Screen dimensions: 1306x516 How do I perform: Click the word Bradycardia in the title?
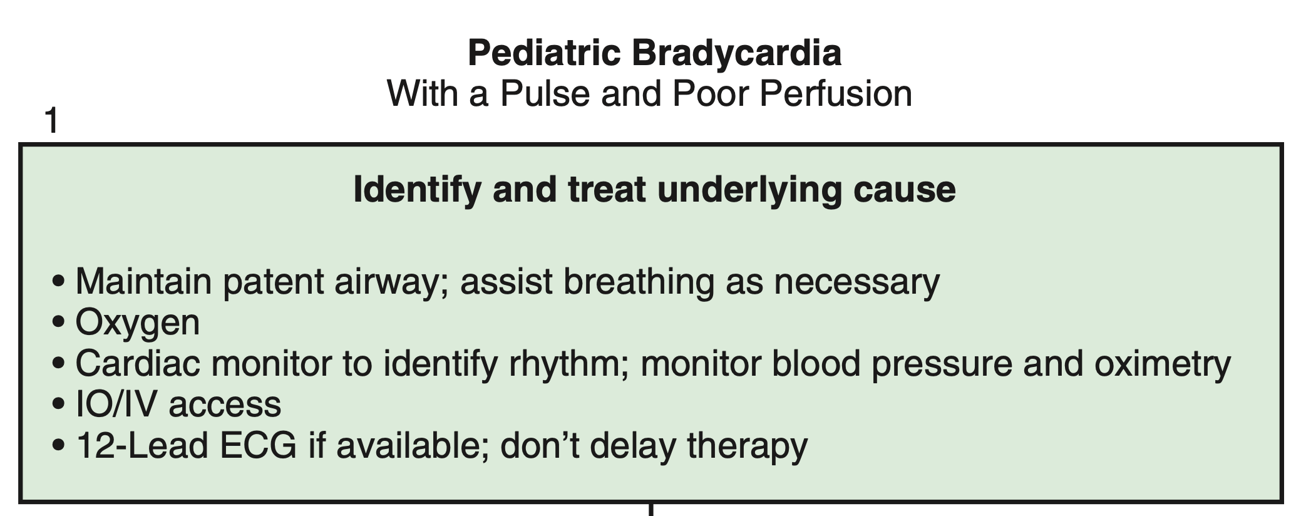(x=736, y=54)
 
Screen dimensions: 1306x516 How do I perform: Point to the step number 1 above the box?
(x=52, y=121)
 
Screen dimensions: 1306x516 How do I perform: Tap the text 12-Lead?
(x=142, y=446)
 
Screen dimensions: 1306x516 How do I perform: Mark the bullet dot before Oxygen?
(x=59, y=324)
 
